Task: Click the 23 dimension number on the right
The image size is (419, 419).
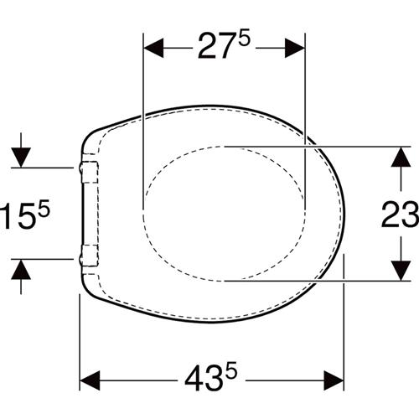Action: click(x=400, y=215)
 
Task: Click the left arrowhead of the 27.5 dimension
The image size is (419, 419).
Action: click(x=153, y=48)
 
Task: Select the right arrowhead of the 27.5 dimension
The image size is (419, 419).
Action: click(x=295, y=48)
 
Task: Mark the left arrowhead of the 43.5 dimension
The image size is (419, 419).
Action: click(x=90, y=380)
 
